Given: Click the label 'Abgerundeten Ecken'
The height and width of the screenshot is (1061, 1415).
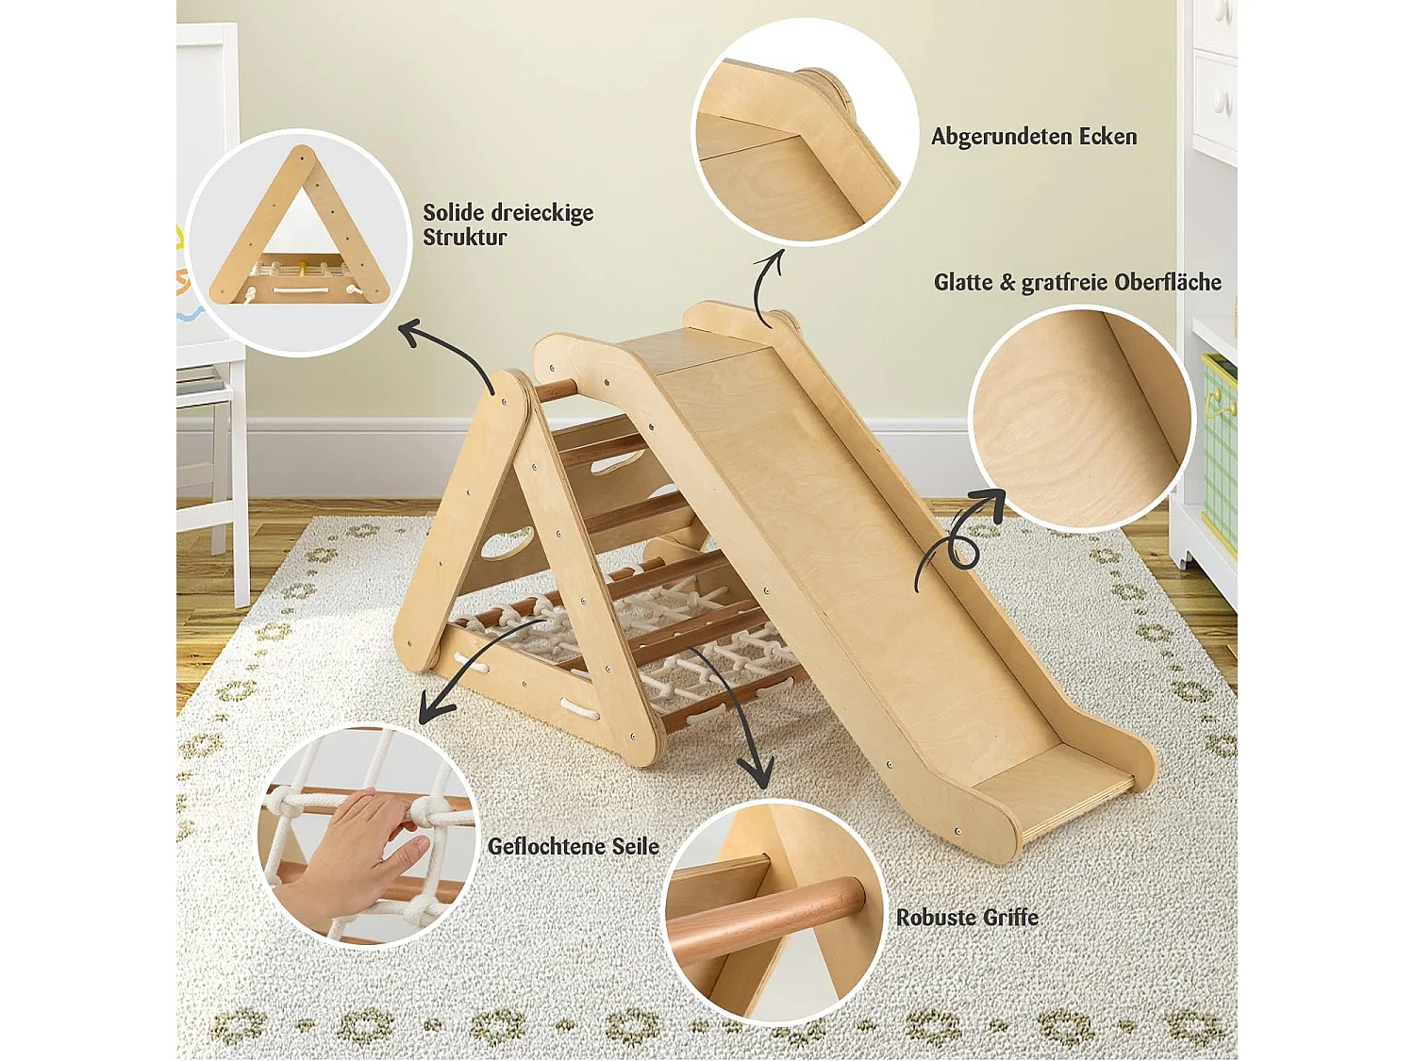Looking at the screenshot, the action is [1033, 137].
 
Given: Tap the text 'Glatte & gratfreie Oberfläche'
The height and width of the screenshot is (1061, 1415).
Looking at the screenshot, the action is [1077, 282].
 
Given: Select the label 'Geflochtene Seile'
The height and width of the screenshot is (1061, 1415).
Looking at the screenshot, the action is [574, 846].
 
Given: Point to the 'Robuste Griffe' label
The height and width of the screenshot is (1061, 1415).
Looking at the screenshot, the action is [967, 917].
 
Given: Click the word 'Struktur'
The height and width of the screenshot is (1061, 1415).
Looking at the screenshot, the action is [464, 237].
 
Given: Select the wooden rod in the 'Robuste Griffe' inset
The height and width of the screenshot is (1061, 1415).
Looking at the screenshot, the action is [766, 916].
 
